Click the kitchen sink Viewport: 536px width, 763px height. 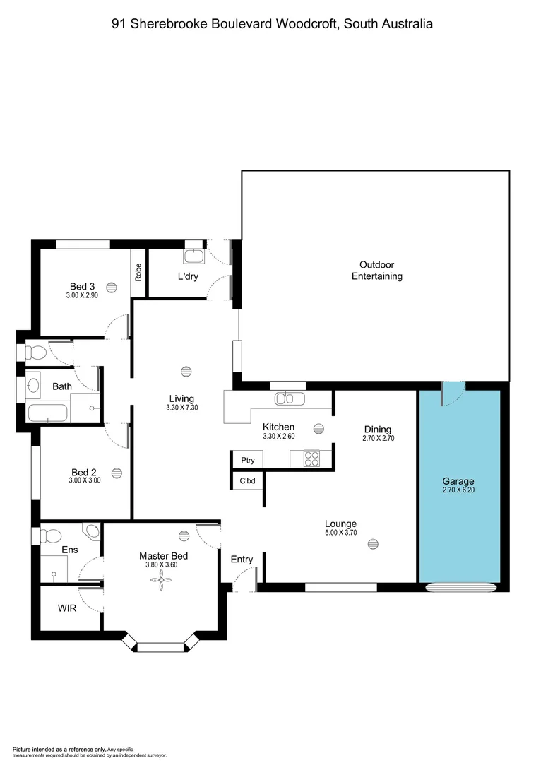tap(290, 399)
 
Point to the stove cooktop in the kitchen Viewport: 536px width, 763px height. tap(311, 459)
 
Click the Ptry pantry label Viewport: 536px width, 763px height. tap(247, 461)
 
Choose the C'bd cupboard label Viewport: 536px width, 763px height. tap(247, 481)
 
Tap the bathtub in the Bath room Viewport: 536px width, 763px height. tap(47, 413)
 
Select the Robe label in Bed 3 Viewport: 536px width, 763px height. tap(138, 272)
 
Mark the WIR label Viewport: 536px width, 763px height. tap(69, 607)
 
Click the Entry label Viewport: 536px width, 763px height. tap(242, 560)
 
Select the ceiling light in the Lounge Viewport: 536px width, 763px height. tap(373, 543)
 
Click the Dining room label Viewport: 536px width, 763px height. tap(378, 430)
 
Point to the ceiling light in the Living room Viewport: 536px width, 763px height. tap(186, 371)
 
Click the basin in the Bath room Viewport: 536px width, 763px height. tap(34, 386)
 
